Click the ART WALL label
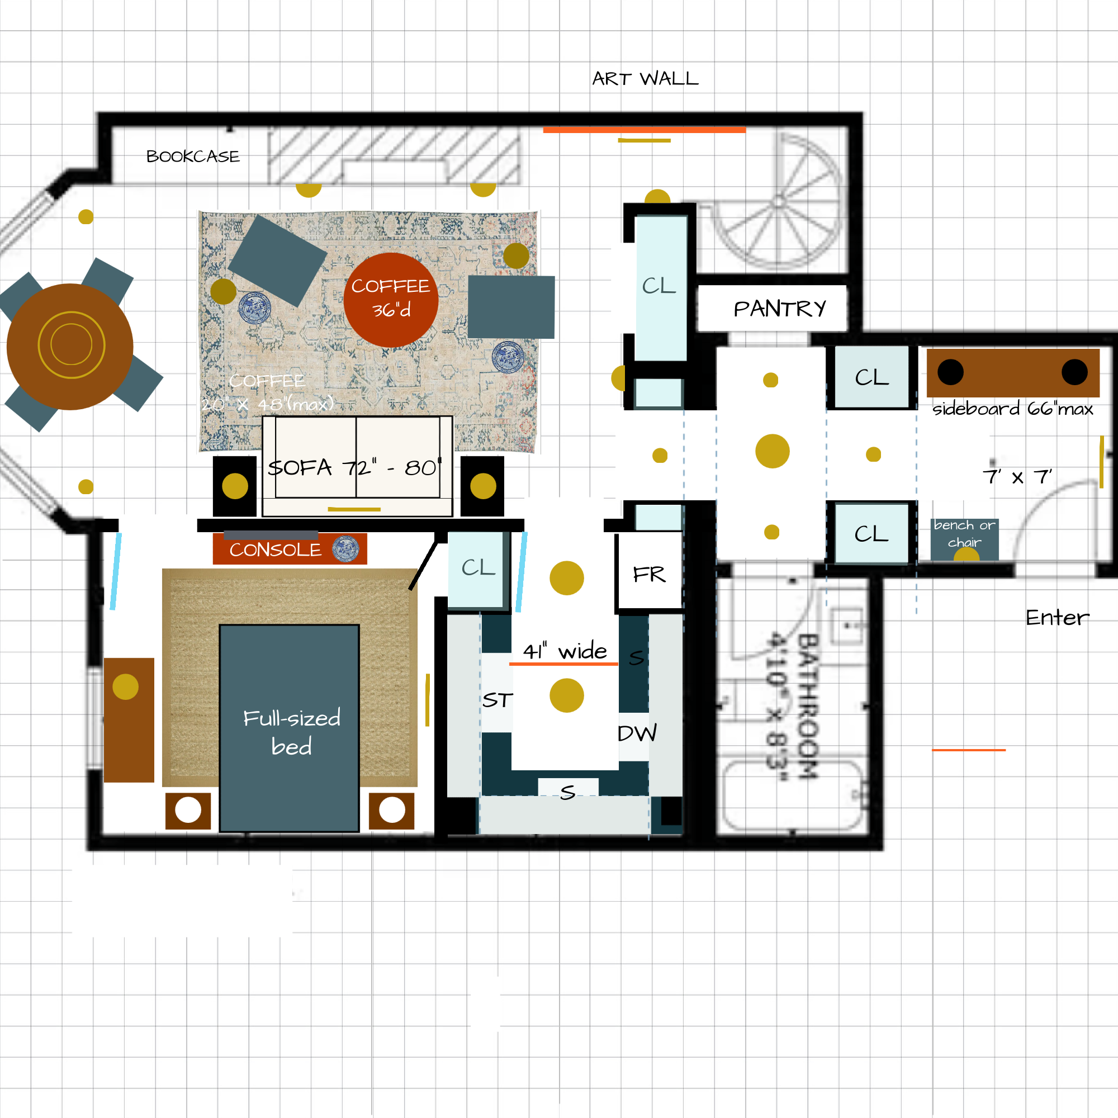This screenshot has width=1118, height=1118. [645, 79]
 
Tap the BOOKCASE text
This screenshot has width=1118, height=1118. [193, 157]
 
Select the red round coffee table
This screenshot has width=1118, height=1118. [391, 300]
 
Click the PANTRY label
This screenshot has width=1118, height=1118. [779, 309]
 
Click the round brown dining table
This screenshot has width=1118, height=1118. [70, 346]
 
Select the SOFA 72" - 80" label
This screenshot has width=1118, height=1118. [354, 467]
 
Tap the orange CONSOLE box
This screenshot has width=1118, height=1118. [290, 548]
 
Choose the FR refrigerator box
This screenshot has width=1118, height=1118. [649, 574]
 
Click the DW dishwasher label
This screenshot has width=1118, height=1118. [637, 733]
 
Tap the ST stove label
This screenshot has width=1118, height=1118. [497, 700]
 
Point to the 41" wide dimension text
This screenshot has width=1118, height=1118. [565, 651]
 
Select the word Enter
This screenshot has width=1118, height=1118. [1057, 618]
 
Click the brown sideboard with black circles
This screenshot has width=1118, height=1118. [1012, 372]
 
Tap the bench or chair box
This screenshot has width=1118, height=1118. [964, 539]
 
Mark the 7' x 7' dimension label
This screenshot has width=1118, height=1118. [1017, 477]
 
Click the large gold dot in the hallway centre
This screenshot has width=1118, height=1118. [772, 451]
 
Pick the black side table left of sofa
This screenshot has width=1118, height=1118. [234, 486]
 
